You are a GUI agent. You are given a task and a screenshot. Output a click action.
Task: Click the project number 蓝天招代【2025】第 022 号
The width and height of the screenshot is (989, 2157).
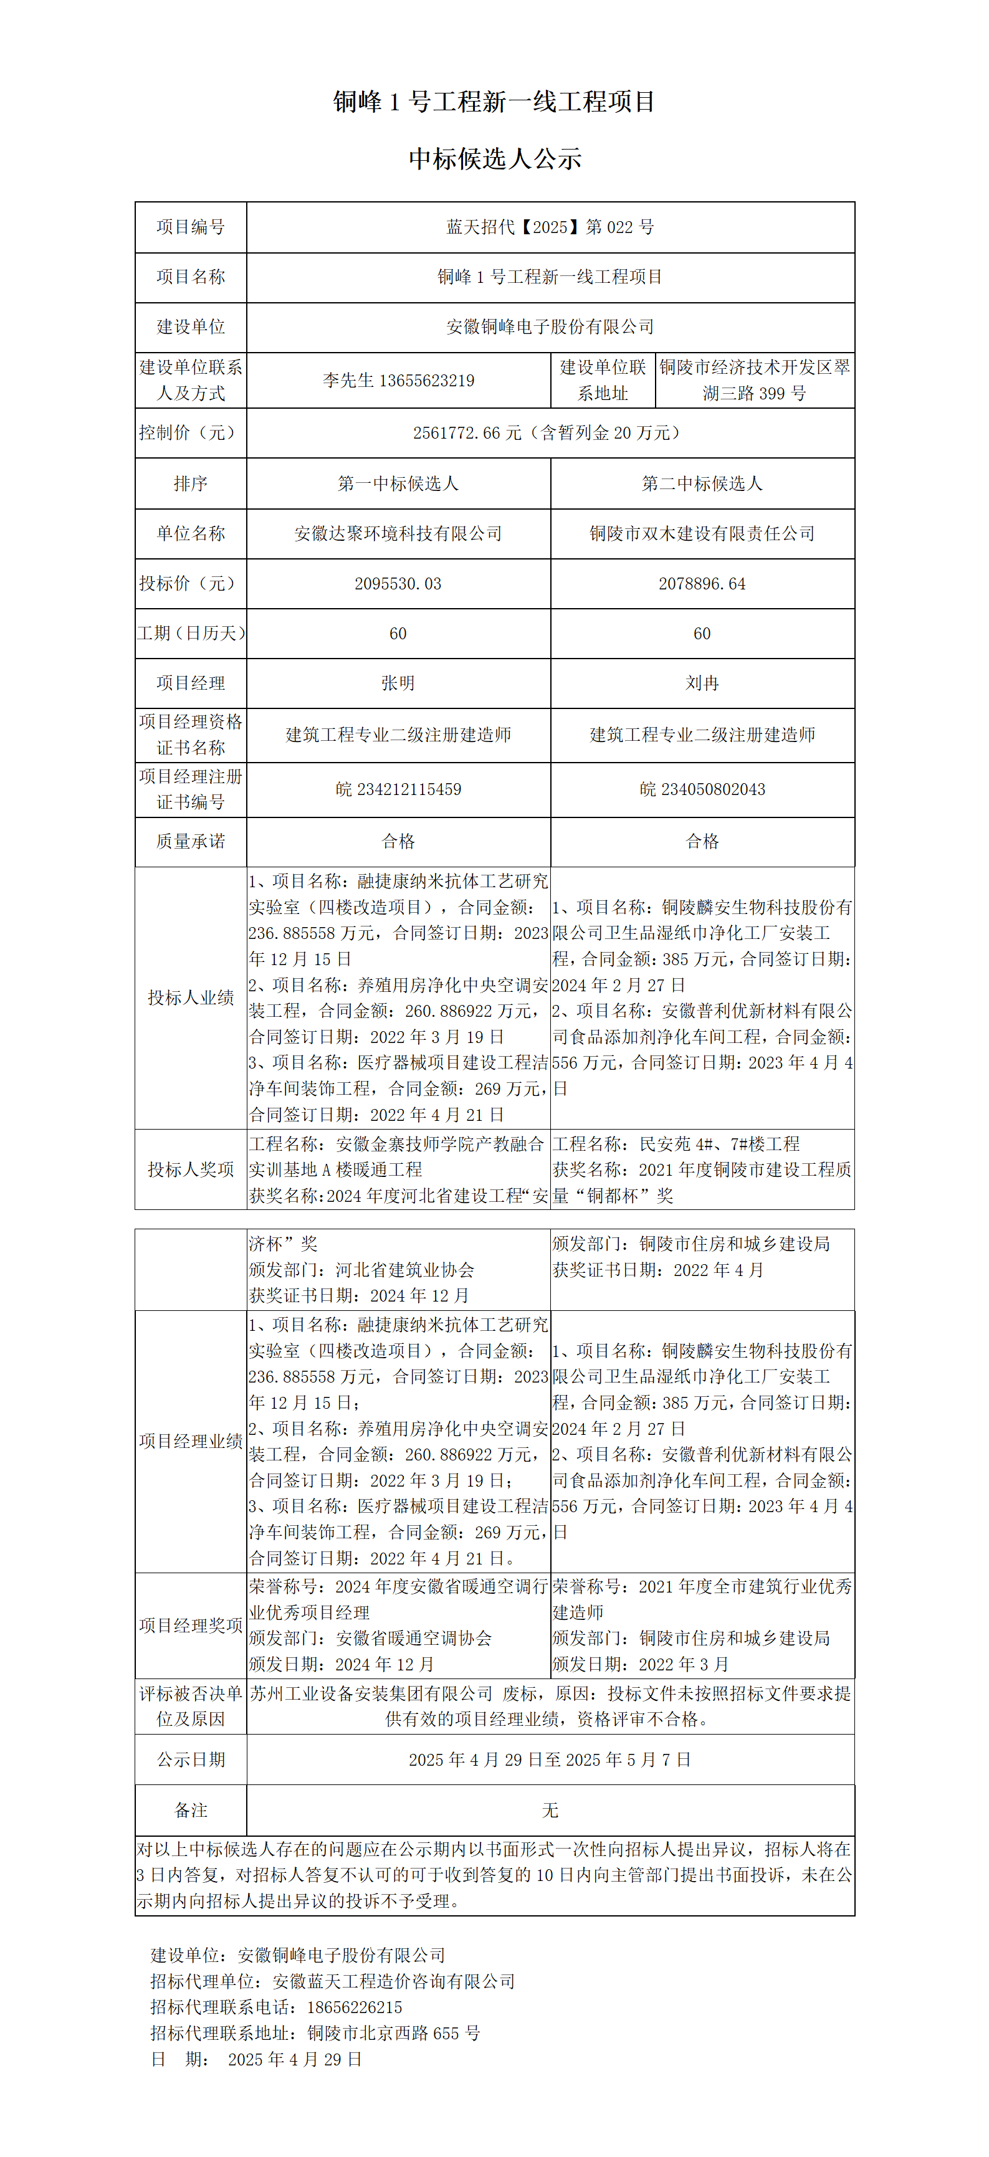coord(550,227)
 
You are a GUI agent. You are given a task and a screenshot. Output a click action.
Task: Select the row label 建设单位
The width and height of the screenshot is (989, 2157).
coord(191,326)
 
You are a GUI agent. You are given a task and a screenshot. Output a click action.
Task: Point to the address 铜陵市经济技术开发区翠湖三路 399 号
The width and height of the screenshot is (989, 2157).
coord(755,380)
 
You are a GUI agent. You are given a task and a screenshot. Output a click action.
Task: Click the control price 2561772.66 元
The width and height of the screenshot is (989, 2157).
coord(467,433)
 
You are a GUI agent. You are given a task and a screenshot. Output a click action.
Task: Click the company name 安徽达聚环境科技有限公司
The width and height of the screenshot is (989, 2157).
coord(398,533)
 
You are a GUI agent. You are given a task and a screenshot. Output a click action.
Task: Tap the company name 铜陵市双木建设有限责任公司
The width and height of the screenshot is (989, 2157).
coord(702,533)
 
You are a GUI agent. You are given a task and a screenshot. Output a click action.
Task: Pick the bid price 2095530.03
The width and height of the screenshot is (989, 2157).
coord(398,584)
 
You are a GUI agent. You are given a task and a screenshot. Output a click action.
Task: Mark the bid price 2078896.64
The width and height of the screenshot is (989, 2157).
coord(702,584)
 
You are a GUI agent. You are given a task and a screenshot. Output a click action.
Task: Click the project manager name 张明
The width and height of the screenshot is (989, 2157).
coord(398,683)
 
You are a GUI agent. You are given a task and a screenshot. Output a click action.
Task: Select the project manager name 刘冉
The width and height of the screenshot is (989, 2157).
coord(702,683)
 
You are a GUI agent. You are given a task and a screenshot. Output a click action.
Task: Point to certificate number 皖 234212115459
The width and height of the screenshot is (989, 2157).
coord(398,789)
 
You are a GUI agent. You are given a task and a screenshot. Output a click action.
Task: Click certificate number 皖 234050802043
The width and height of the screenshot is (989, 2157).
coord(702,789)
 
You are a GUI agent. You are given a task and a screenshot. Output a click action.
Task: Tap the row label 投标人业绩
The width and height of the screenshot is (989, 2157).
coord(191,998)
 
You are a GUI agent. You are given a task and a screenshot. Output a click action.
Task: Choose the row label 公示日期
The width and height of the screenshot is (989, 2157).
coord(191,1760)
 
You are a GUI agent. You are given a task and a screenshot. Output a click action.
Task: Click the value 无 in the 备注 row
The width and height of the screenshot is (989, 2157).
coord(550,1811)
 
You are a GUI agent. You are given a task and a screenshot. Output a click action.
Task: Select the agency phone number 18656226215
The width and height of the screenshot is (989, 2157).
coord(354,2007)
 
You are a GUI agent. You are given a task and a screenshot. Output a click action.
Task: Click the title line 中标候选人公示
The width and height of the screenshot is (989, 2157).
coord(495,158)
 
